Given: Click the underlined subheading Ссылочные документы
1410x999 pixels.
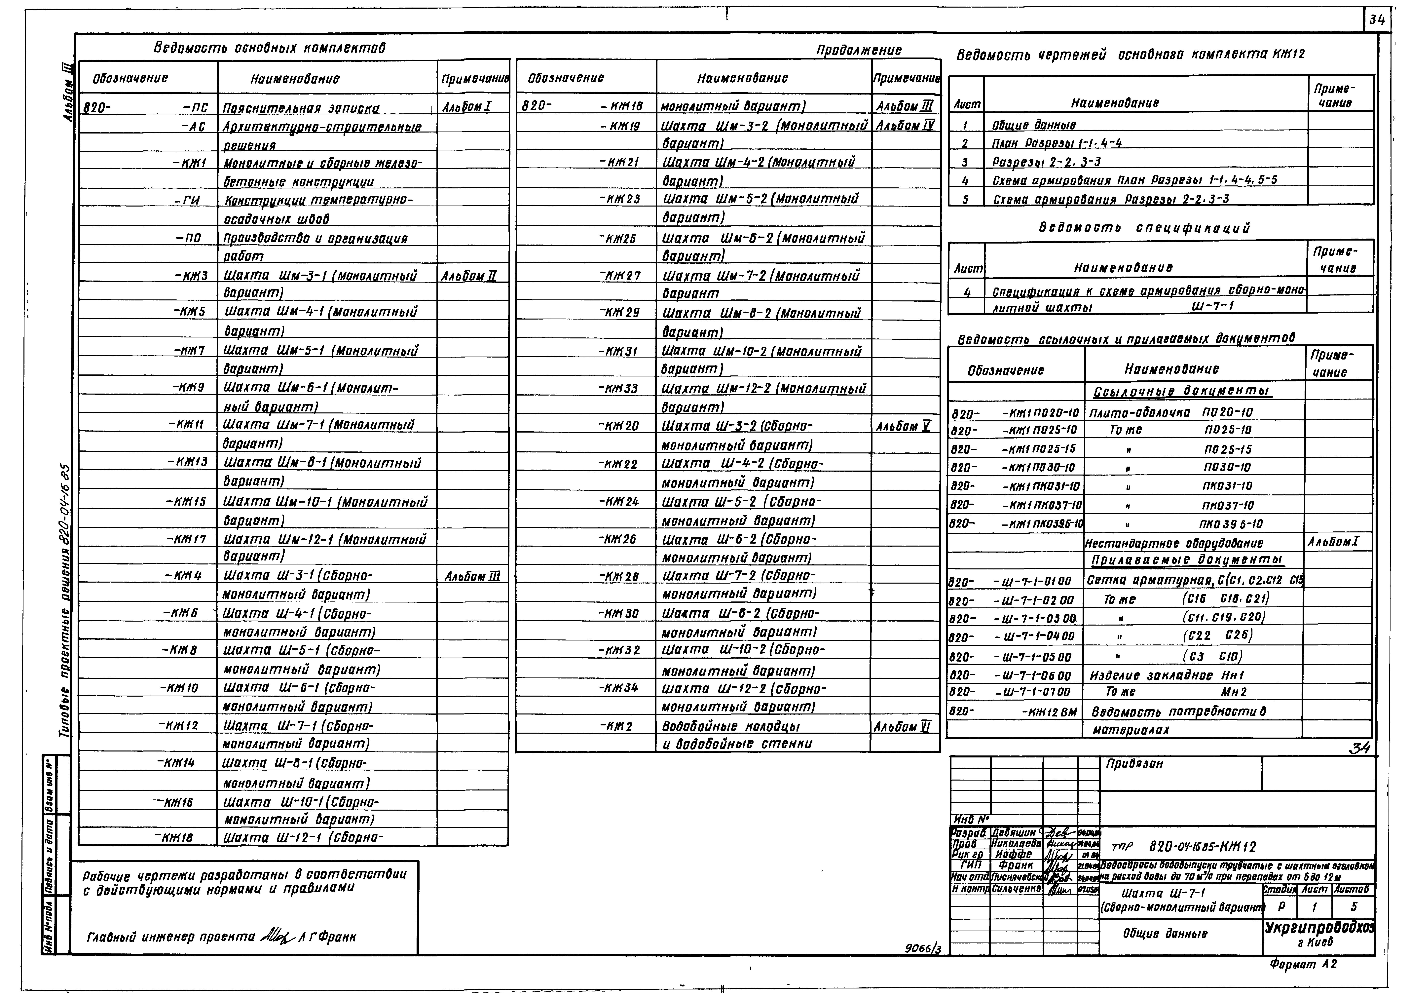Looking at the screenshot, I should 1182,392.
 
